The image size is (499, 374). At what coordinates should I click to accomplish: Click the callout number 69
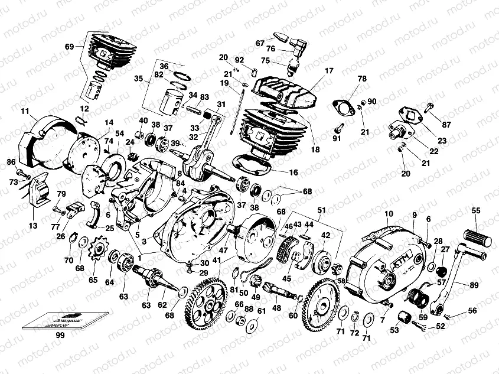coord(70,46)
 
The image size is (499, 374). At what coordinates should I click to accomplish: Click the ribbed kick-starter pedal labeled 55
coord(479,236)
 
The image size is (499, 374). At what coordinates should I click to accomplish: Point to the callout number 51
coord(321,210)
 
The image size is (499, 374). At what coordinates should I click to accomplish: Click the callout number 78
coord(362,78)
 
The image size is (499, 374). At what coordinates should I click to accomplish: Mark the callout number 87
coord(446,124)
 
